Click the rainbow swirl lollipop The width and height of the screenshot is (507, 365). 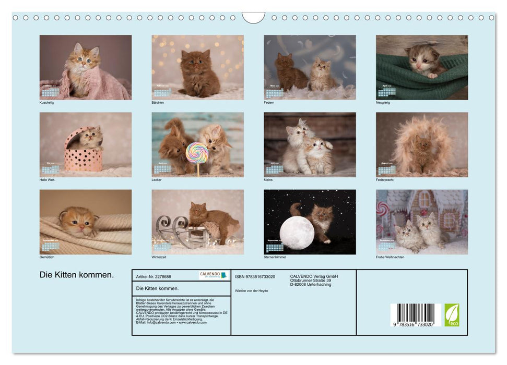(197, 152)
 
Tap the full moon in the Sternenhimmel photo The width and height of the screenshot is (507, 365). (297, 232)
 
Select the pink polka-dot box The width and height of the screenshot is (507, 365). (84, 156)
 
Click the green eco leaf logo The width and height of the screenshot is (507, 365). (452, 315)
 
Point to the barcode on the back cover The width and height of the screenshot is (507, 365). (416, 314)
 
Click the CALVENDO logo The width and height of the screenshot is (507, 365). (214, 275)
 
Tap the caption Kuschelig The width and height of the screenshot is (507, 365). (46, 102)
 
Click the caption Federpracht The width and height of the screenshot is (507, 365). (385, 180)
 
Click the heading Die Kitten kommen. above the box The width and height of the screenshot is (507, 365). (76, 275)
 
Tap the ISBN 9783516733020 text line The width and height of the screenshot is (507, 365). (255, 276)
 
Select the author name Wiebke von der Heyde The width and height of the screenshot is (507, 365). (252, 290)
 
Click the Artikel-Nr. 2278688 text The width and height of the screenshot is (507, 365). (154, 276)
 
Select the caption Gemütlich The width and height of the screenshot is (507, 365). (47, 257)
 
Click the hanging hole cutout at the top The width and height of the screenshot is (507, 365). (253, 17)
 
